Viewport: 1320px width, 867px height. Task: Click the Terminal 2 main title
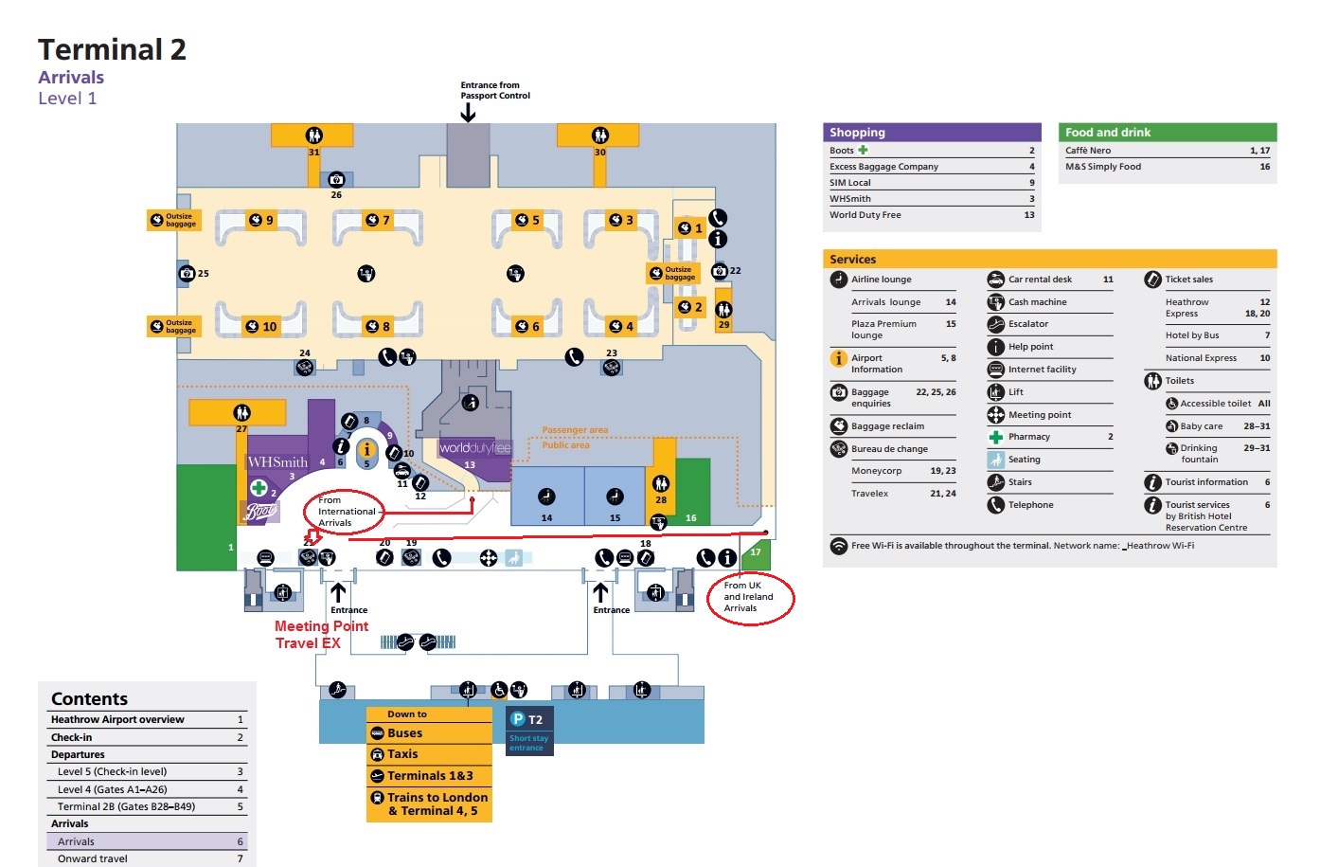click(112, 49)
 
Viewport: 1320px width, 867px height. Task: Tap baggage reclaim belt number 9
click(261, 220)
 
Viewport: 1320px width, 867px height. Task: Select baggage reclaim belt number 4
click(621, 326)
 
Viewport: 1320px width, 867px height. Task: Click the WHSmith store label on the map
click(276, 462)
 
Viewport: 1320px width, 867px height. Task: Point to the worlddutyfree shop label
click(474, 448)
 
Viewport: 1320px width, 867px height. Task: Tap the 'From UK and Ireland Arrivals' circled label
click(750, 597)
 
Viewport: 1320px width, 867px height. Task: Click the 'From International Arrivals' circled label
click(346, 512)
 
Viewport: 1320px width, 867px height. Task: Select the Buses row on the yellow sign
click(429, 733)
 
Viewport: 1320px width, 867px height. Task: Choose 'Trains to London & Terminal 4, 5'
click(429, 804)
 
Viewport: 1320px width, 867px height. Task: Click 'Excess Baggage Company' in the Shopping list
click(884, 167)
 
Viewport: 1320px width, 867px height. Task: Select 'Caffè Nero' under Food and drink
click(1088, 151)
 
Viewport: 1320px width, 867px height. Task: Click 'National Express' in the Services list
click(1201, 358)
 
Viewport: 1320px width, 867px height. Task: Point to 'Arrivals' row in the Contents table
click(76, 841)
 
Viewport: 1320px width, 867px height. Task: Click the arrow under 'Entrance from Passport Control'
click(468, 113)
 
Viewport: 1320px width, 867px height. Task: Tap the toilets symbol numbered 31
click(313, 135)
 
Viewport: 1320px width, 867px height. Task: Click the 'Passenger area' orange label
click(575, 430)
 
